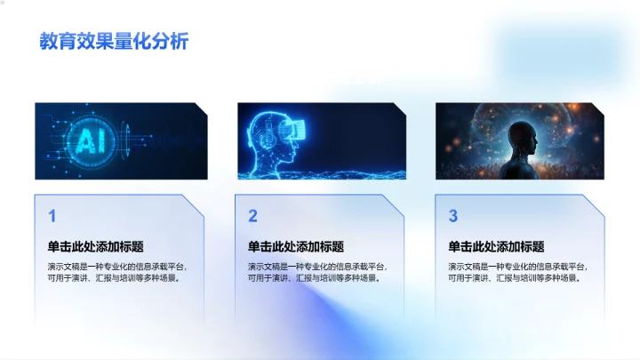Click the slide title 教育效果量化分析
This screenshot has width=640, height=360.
[x=114, y=41]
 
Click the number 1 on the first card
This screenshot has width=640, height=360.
[x=52, y=216]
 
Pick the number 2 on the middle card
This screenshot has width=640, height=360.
[x=252, y=216]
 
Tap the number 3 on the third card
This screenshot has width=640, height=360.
[x=452, y=216]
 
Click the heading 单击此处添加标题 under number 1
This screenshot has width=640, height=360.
[x=96, y=246]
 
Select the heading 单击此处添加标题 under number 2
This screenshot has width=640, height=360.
[x=296, y=246]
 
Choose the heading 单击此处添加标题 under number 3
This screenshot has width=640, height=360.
[x=496, y=246]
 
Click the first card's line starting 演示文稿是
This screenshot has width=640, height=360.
[x=117, y=266]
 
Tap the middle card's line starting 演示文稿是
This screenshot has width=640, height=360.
[x=317, y=266]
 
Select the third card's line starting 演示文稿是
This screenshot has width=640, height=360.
[x=517, y=266]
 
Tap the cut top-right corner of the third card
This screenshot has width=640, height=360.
[x=597, y=203]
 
